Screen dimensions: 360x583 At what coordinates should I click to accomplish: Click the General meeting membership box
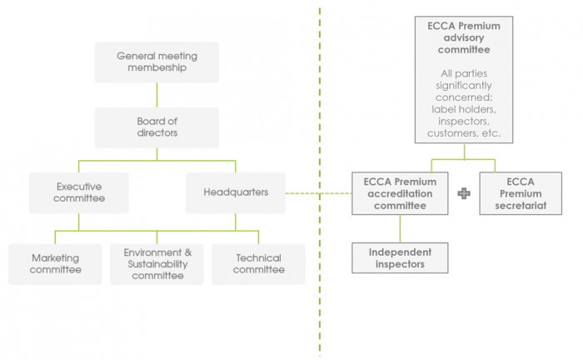[x=157, y=62]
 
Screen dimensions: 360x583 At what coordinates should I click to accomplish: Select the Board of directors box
[x=157, y=127]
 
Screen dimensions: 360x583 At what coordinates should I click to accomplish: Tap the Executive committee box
[x=78, y=192]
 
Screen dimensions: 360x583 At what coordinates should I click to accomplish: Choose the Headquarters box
[x=235, y=192]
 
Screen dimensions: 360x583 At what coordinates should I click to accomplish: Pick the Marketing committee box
[x=55, y=264]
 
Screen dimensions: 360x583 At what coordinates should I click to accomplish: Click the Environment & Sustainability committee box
[x=157, y=264]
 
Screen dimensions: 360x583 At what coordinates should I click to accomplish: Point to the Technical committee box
[x=258, y=264]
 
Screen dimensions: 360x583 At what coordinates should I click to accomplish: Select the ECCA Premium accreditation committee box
[x=401, y=193]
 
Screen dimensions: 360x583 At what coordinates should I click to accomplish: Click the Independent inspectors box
[x=401, y=257]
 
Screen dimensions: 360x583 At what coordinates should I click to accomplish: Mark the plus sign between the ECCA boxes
[x=464, y=193]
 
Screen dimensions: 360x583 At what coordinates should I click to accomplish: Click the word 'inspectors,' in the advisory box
[x=464, y=120]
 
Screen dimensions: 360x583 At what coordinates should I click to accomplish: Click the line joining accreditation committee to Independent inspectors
[x=401, y=228]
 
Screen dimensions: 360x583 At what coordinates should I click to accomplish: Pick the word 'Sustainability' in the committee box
[x=157, y=263]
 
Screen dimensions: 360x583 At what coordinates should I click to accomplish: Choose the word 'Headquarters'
[x=235, y=192]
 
